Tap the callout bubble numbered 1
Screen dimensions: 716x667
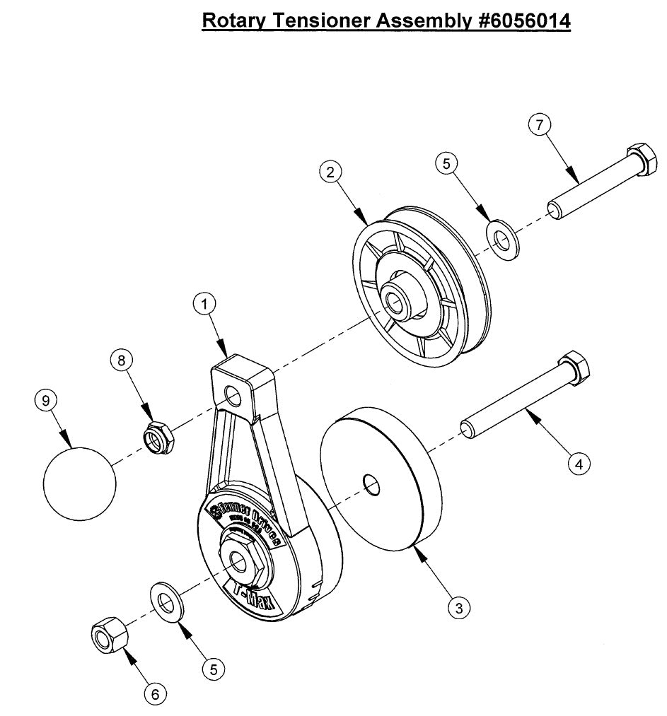(204, 305)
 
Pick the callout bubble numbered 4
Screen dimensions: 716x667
(579, 464)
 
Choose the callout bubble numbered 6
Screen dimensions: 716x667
(155, 694)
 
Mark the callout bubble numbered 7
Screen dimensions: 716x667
(540, 125)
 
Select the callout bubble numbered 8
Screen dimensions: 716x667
(121, 360)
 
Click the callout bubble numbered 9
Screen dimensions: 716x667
(46, 401)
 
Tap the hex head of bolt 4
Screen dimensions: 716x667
(574, 370)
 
